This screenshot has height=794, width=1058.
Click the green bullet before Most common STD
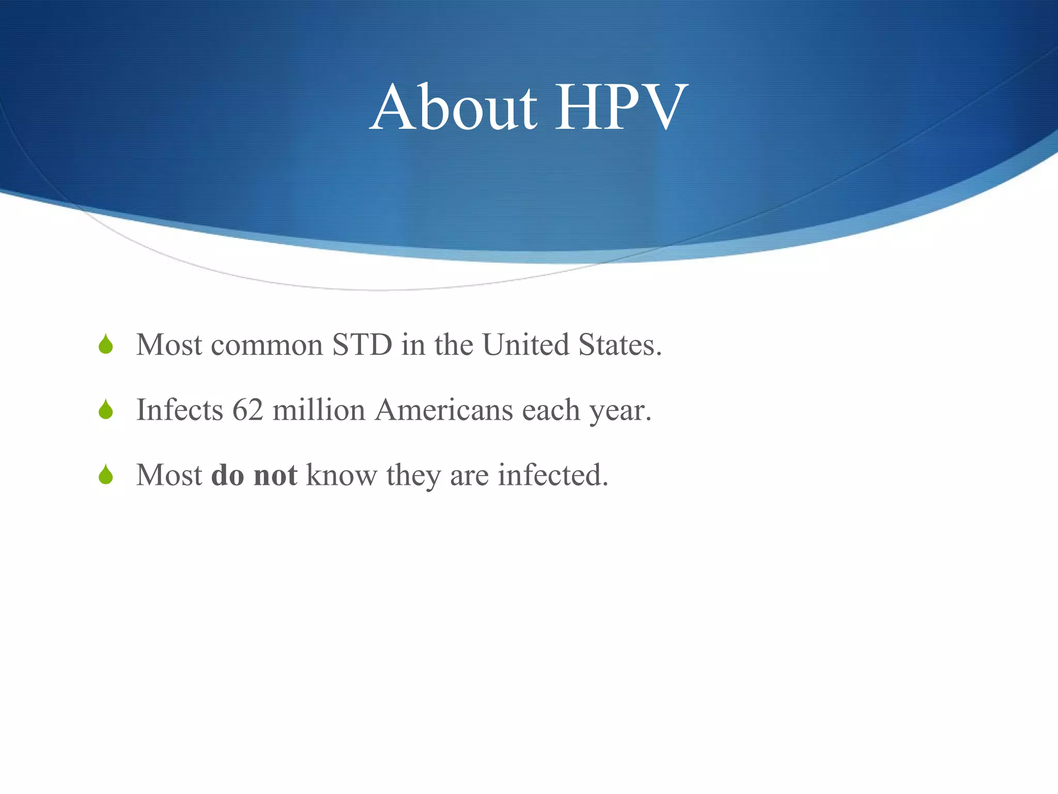(106, 345)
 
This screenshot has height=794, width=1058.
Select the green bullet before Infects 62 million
(106, 410)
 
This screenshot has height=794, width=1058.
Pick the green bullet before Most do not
(106, 475)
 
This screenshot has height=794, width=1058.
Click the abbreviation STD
(362, 345)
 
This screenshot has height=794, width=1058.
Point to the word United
(525, 345)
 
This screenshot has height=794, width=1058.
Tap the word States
(619, 345)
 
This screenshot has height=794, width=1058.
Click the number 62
(247, 410)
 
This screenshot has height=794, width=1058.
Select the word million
(319, 410)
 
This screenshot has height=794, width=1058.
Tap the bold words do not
(254, 475)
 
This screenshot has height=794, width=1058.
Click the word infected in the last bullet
(552, 475)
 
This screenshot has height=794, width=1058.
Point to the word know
(341, 475)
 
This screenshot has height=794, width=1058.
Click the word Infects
(179, 410)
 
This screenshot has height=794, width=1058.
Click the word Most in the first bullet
(169, 345)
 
